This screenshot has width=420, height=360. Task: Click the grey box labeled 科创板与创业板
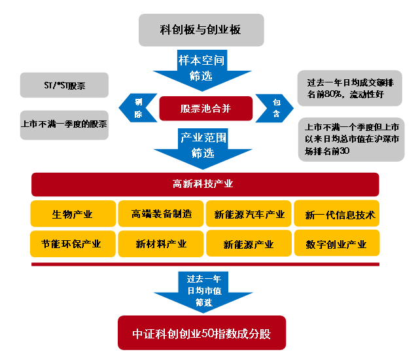tap(201, 30)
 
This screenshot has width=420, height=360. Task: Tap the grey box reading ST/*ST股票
tap(63, 86)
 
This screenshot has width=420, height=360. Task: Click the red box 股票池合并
tap(205, 108)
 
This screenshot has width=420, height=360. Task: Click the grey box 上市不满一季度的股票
tap(63, 124)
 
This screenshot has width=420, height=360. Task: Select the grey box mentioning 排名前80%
tap(349, 88)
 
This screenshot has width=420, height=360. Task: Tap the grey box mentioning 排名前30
tap(349, 139)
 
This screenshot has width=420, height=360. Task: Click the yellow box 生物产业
tap(72, 213)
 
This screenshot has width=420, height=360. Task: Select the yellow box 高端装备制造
tap(161, 213)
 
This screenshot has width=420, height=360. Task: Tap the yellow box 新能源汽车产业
tap(249, 213)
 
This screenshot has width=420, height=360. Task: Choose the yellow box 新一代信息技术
tap(336, 213)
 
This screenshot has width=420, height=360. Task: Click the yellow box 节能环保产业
tap(72, 243)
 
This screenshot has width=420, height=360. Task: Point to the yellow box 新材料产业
tap(161, 243)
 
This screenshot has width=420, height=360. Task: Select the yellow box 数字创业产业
tap(336, 243)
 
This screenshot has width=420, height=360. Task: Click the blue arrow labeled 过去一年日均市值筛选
tap(203, 288)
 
